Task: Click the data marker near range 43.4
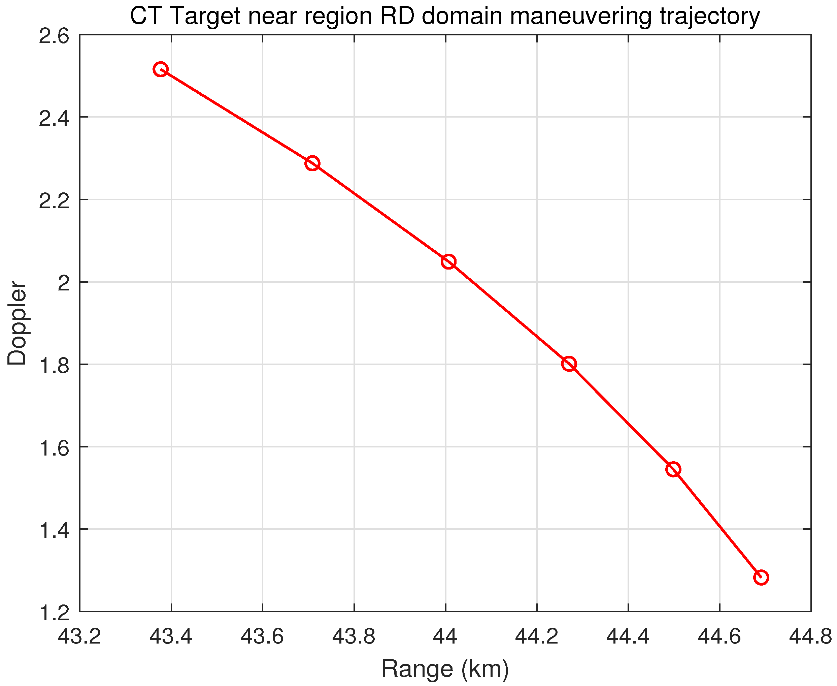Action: click(x=160, y=69)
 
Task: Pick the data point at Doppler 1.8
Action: click(x=569, y=364)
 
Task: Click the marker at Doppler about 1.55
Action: click(x=673, y=469)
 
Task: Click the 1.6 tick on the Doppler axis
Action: click(x=54, y=448)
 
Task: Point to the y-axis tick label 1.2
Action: click(x=54, y=613)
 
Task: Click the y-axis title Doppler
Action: click(x=17, y=323)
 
